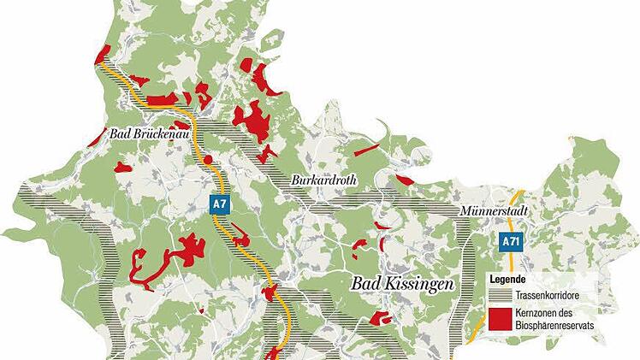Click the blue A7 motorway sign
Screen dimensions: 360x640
coord(221,204)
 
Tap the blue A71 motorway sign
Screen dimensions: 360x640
coord(511,242)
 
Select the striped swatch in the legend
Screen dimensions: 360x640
coord(501,294)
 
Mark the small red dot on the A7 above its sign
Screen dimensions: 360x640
coord(207,159)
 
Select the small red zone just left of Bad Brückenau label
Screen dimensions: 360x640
coord(124,168)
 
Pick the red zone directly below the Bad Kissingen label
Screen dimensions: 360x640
coord(379,319)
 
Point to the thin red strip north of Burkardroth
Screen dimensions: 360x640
coord(366,150)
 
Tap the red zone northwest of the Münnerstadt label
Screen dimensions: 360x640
coord(403,180)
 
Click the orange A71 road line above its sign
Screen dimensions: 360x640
coord(516,210)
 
